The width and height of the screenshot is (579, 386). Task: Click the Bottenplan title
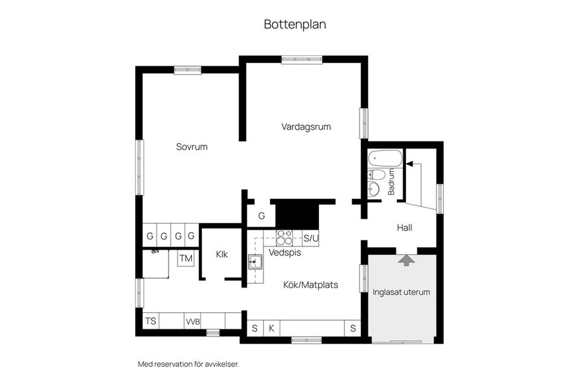295,24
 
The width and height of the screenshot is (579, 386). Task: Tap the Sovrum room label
192,147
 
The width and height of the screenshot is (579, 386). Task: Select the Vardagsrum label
306,127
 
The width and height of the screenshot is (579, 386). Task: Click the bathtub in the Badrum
385,158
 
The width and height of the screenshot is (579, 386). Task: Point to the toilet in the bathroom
376,175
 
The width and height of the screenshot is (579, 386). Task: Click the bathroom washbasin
374,188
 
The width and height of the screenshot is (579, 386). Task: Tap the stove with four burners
284,238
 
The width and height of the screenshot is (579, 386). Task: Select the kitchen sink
255,263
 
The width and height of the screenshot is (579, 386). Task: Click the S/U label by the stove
311,239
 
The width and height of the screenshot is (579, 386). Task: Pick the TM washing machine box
186,259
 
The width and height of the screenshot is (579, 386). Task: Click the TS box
151,321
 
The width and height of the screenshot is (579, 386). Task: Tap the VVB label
193,322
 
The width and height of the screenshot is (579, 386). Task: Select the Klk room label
222,254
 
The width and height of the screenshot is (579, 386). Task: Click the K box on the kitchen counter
271,328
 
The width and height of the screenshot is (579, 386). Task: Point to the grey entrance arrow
406,260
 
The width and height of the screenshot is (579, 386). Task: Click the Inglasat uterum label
402,292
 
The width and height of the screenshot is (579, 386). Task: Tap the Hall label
405,228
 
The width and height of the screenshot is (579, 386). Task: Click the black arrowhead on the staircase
409,164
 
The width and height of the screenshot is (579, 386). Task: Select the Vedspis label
285,253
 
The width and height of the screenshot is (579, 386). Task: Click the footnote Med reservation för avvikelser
188,364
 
